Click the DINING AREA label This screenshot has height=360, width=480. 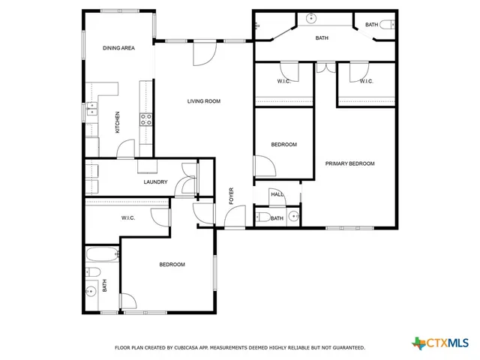118,48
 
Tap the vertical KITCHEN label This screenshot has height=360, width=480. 117,122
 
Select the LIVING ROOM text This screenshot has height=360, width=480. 203,101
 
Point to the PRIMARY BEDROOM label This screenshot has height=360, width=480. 349,163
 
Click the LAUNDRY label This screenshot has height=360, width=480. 154,182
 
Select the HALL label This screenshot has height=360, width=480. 277,195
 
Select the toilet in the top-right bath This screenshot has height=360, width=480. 386,25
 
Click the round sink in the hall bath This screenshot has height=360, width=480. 294,217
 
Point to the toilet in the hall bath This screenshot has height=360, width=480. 262,217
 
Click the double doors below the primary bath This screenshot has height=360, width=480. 325,67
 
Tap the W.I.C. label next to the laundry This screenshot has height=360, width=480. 127,218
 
